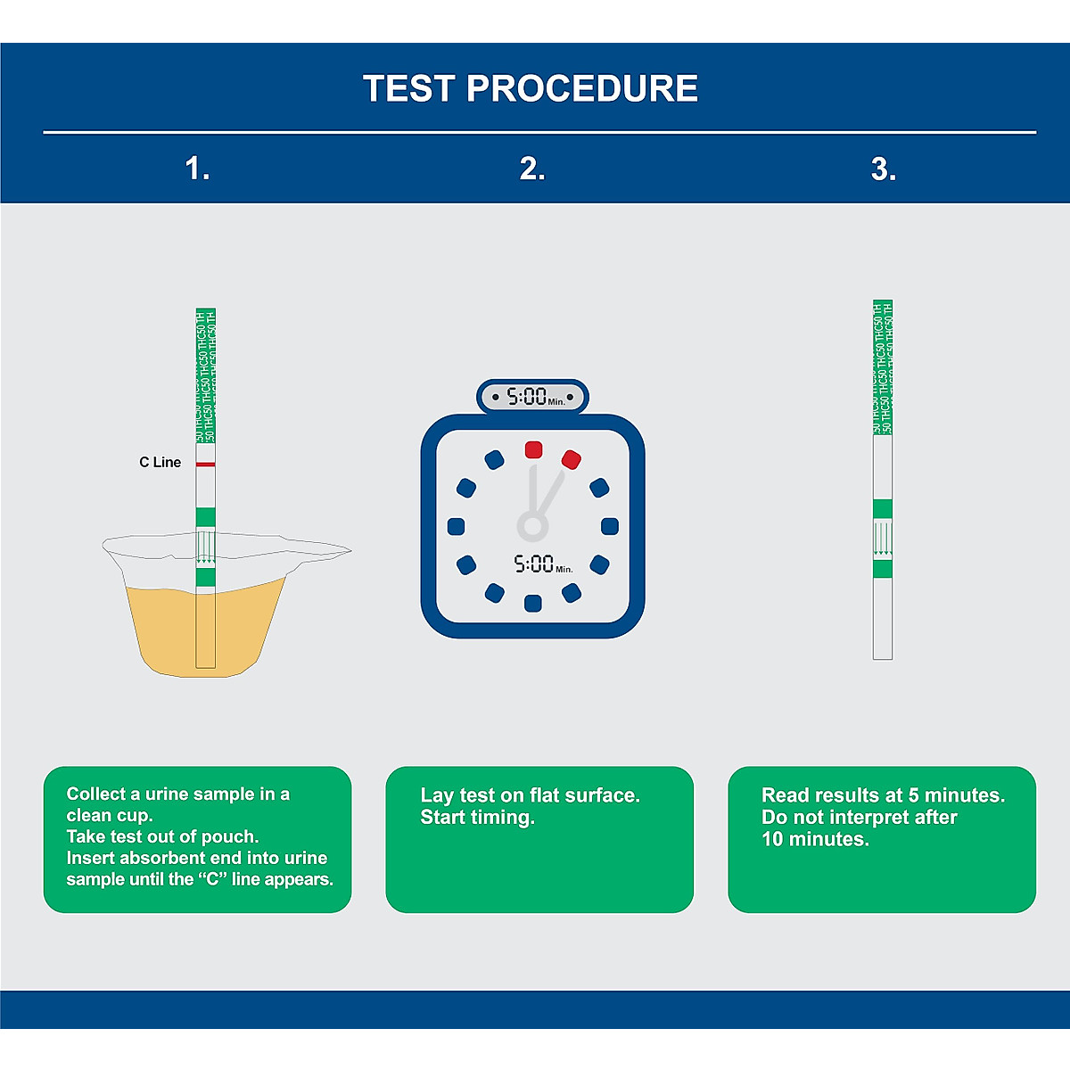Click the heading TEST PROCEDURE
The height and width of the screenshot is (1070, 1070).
click(x=531, y=88)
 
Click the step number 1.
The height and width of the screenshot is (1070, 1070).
click(x=197, y=169)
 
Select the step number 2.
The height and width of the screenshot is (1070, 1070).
click(x=532, y=169)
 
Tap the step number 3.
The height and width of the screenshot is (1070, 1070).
click(x=883, y=169)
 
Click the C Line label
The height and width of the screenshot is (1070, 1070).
click(x=160, y=462)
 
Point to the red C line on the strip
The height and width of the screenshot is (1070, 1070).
click(x=206, y=465)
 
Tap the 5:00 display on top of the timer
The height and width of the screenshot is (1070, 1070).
click(x=532, y=397)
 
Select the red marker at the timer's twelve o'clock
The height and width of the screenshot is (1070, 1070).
click(x=533, y=449)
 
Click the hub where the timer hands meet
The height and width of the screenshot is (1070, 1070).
click(x=532, y=525)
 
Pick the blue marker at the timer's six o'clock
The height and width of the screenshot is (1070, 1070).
click(x=533, y=604)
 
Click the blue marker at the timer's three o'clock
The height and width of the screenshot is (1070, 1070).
click(x=610, y=526)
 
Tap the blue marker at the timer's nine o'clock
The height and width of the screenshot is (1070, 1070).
click(x=456, y=526)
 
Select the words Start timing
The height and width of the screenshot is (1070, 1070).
click(x=477, y=818)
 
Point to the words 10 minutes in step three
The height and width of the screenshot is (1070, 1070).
click(x=814, y=839)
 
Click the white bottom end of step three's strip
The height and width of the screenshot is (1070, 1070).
click(x=883, y=624)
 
